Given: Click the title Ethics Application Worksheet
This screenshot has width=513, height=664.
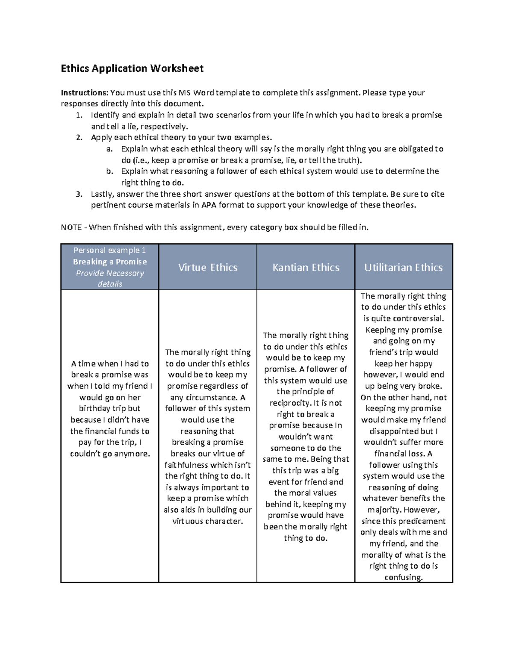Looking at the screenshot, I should pos(132,68).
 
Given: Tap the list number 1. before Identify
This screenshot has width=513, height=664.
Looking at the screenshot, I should pos(79,115).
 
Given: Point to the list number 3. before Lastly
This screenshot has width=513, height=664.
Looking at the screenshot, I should pos(79,194).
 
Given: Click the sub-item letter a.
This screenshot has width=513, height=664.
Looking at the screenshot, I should pos(109,149).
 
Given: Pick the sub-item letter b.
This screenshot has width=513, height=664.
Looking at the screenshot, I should pos(109,171).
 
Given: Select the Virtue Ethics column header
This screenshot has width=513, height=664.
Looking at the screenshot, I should pos(208,267).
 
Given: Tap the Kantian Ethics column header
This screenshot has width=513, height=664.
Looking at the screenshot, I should pos(306,267).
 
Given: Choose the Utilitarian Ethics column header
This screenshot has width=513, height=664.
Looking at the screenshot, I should pos(403,267).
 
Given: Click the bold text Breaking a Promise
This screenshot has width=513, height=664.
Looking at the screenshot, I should pos(110,262).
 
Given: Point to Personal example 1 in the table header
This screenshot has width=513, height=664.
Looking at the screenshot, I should pos(110,250).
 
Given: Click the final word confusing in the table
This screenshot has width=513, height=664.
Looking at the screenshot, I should pos(403,577).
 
